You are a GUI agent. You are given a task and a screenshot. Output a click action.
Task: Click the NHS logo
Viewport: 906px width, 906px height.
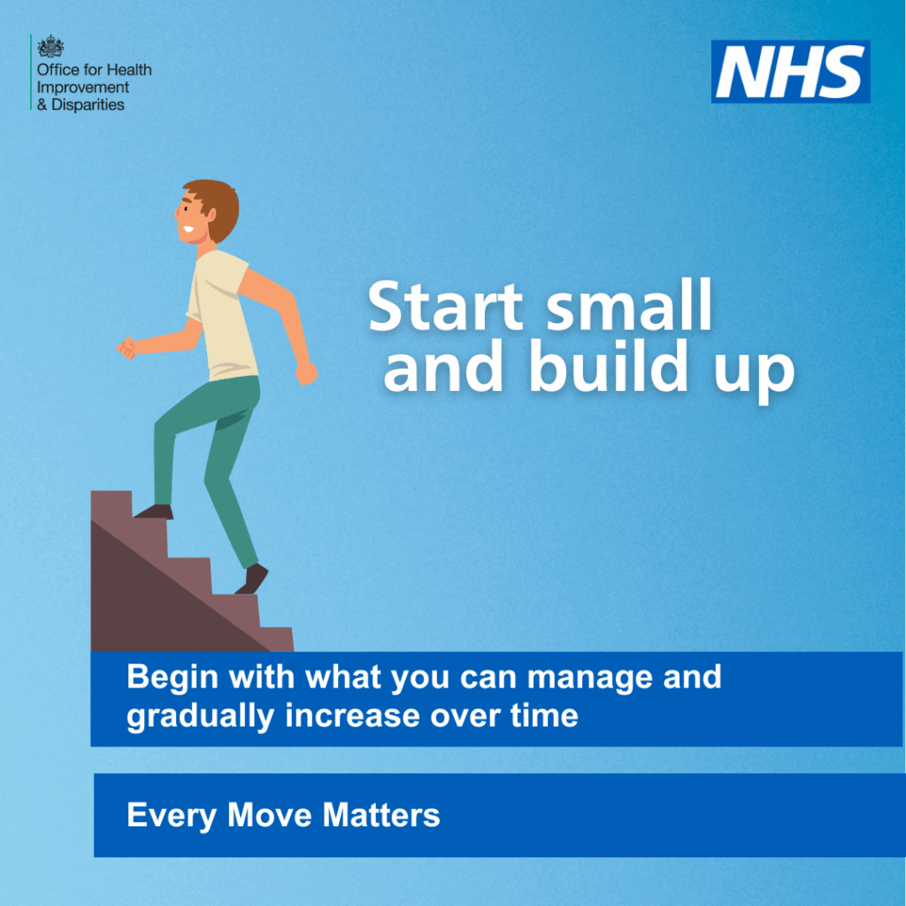pos(790,72)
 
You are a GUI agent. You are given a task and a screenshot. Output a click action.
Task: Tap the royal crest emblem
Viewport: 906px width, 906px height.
pos(50,46)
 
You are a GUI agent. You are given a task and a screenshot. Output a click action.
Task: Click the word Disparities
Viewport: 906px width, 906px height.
pos(88,104)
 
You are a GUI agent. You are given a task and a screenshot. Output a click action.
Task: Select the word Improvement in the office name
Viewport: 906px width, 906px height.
pos(83,88)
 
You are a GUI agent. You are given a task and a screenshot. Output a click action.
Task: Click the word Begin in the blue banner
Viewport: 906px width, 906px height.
pos(173,678)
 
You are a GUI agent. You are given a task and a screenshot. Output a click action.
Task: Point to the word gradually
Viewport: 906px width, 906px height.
pos(200,717)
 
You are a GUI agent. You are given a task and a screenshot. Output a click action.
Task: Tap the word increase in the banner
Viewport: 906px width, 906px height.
pos(353,716)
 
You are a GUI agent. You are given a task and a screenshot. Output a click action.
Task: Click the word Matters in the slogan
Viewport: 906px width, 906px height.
pos(380,815)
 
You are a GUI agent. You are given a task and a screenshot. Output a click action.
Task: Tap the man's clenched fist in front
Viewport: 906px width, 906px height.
pos(127,348)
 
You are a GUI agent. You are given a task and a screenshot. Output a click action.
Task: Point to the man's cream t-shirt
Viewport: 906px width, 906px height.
pos(220,316)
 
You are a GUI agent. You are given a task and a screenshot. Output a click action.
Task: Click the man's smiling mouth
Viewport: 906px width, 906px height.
pos(188,228)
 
